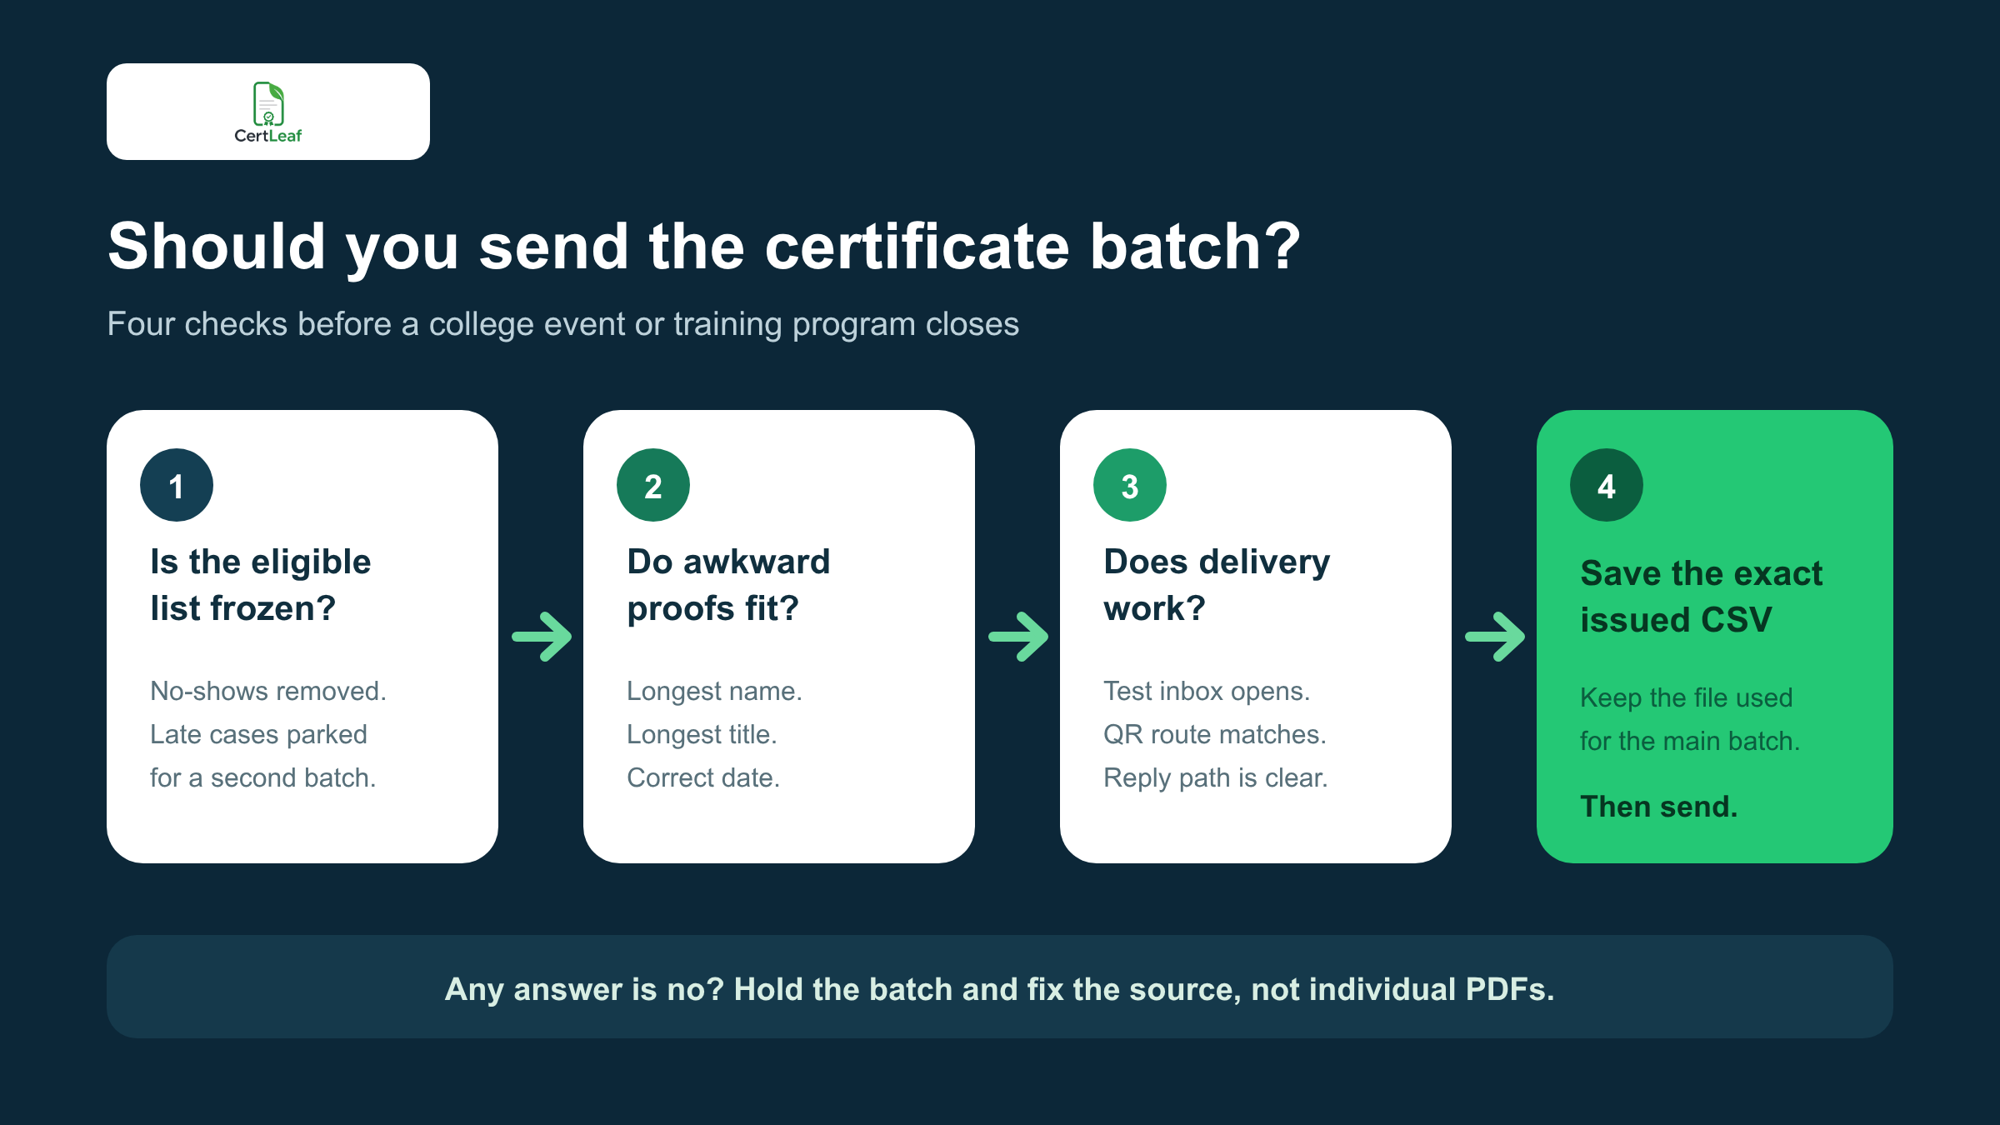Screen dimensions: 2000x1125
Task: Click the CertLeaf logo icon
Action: coord(268,103)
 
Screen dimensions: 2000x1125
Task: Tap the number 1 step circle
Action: coord(177,485)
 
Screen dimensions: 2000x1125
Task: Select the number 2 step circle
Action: coord(653,485)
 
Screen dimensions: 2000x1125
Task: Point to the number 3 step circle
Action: coord(1130,485)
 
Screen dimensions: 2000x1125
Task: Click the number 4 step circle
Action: coord(1607,485)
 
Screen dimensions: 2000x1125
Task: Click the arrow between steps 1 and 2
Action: coord(542,637)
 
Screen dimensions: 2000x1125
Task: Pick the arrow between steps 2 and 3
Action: coord(1018,637)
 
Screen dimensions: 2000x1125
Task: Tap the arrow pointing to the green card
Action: coord(1495,637)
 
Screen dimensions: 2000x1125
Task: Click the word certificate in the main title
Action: coord(917,247)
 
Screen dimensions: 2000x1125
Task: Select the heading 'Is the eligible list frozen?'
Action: coord(261,585)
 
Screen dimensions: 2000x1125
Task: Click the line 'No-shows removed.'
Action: coord(268,691)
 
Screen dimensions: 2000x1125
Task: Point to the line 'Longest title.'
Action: coord(702,734)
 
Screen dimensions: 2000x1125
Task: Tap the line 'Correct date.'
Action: coord(703,777)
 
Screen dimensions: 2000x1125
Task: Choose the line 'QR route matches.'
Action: coord(1215,734)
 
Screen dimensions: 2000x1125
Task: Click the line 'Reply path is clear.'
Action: coord(1216,777)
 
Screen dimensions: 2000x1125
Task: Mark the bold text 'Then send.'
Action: coord(1659,807)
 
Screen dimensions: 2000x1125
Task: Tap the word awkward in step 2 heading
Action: coord(757,562)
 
